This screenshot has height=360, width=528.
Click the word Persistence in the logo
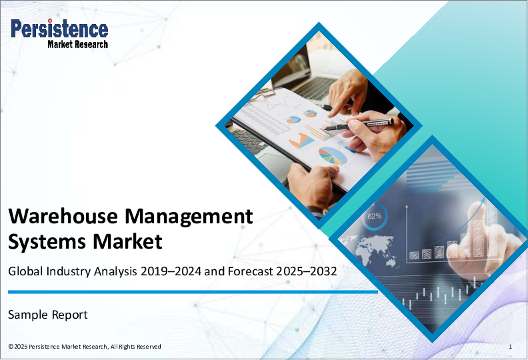(59, 28)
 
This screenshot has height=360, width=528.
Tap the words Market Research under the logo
(78, 44)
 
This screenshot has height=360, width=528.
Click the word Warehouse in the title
(63, 216)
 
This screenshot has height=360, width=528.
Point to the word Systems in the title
(47, 242)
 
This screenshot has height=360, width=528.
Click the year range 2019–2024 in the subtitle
(171, 271)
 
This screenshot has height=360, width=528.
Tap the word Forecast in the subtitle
(250, 271)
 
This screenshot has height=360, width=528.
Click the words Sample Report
(48, 315)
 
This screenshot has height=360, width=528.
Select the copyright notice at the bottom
(85, 347)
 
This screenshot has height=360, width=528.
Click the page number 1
(511, 347)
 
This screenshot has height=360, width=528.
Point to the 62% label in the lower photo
(375, 216)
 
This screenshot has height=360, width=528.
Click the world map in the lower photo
(368, 250)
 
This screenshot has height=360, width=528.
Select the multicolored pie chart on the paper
(333, 156)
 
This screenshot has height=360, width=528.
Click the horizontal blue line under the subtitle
(193, 292)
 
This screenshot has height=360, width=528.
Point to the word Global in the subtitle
(25, 271)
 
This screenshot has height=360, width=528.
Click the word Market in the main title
(127, 241)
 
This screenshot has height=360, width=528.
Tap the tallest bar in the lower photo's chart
(491, 229)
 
